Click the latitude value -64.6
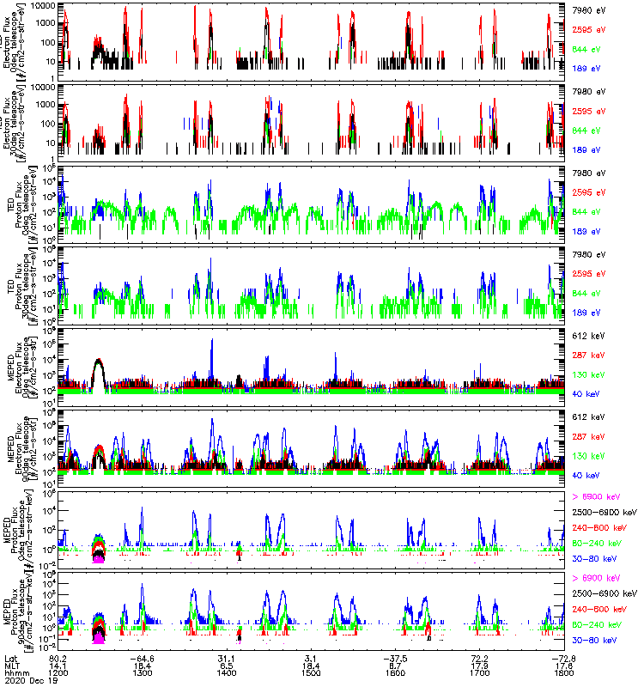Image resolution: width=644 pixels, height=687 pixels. click(x=141, y=657)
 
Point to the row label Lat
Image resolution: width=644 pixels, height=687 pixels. click(x=9, y=657)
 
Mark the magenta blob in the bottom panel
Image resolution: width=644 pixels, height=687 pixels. click(x=99, y=638)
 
